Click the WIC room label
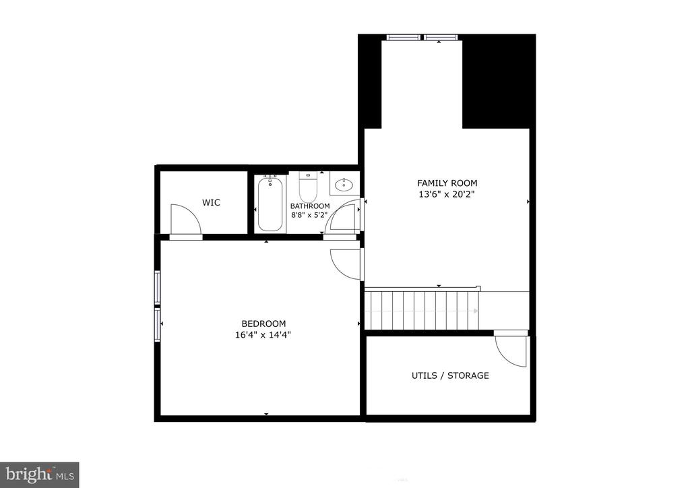point(211,202)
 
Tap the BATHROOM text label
point(310,206)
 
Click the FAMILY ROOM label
point(447,183)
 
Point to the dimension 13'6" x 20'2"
point(447,195)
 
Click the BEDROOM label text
point(263,324)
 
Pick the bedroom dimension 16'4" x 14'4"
point(263,334)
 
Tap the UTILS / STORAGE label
point(450,375)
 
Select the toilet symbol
point(308,183)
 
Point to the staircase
point(422,310)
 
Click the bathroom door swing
point(343,220)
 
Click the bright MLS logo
point(39,474)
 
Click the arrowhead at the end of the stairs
point(475,311)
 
